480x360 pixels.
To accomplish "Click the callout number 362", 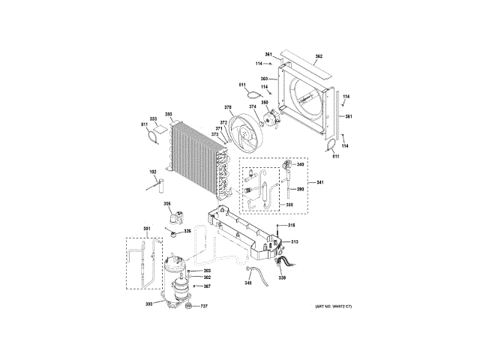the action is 319,57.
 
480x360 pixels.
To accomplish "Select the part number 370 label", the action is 228,107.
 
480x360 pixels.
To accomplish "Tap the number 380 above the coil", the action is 169,115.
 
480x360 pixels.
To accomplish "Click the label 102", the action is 153,172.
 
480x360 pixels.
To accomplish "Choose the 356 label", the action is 167,204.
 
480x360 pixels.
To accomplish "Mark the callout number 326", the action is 187,231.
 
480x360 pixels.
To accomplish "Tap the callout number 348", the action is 248,283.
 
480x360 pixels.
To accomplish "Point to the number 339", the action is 283,278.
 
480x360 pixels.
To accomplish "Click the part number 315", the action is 292,226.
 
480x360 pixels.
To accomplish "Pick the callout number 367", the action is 207,286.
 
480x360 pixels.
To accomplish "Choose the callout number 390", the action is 300,190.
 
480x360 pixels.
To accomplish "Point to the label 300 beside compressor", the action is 148,303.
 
